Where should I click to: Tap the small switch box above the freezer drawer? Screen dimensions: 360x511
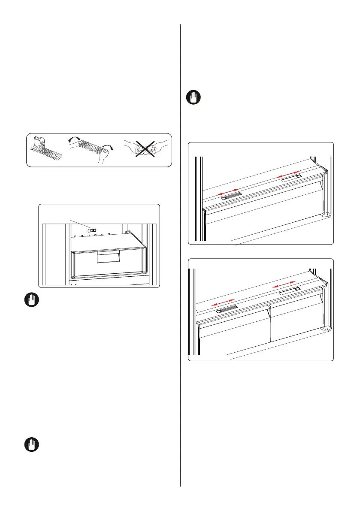click(92, 230)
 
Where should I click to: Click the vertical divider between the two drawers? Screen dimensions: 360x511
click(271, 326)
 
